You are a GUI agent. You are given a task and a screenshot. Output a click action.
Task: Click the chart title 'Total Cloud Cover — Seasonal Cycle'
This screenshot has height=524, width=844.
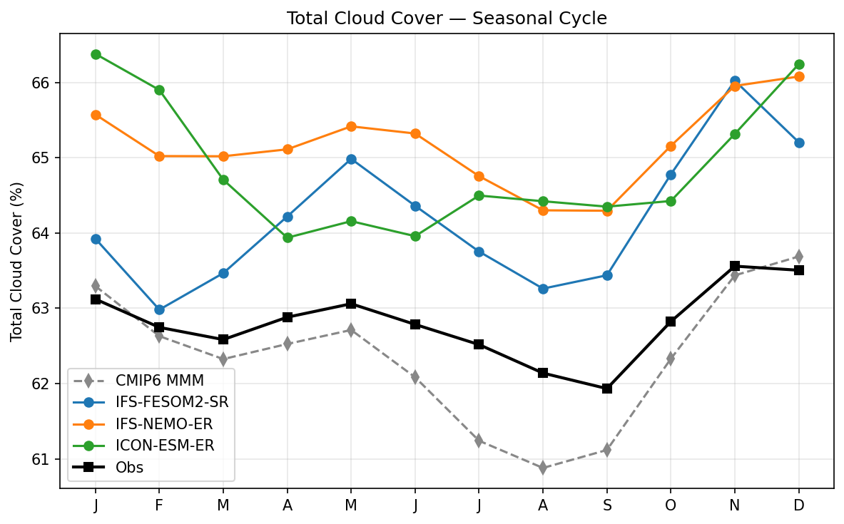[447, 19]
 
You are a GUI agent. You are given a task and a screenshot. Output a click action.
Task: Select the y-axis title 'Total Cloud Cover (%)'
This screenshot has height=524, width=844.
[16, 262]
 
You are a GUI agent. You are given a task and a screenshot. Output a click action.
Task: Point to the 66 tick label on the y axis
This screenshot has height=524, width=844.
[46, 83]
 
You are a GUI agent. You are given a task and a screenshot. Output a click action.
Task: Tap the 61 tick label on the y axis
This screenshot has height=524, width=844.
[46, 459]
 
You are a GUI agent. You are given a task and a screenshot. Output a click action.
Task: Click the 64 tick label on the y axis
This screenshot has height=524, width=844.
[46, 233]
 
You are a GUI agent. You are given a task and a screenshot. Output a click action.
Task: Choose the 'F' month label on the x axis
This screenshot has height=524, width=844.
[159, 505]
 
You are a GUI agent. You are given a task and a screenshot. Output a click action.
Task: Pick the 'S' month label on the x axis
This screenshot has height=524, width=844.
[606, 505]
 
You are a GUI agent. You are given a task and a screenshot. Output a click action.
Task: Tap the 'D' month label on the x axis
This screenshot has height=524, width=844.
[798, 505]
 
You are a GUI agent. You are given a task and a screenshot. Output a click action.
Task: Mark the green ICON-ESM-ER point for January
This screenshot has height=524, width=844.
[96, 54]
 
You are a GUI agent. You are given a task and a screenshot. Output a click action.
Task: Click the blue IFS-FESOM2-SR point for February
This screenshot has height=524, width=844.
[159, 309]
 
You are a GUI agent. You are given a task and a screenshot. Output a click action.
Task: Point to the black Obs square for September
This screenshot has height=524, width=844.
[606, 389]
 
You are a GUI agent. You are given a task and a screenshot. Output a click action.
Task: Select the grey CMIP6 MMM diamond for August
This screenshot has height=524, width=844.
[543, 468]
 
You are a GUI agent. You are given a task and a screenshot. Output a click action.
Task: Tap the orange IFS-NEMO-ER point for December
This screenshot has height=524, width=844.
[798, 76]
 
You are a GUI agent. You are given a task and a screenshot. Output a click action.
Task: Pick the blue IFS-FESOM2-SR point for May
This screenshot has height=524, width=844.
[351, 159]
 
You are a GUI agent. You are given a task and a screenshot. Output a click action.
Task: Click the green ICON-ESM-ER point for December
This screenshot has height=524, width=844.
[798, 64]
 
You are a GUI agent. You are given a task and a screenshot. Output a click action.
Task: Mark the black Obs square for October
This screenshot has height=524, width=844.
[671, 322]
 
